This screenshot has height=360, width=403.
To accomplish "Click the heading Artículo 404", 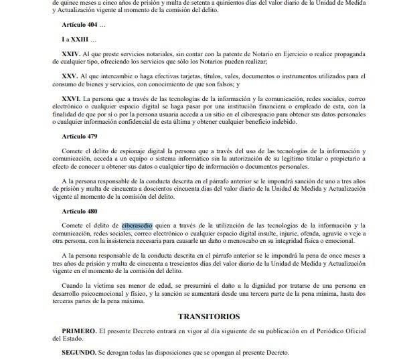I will [82, 25].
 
